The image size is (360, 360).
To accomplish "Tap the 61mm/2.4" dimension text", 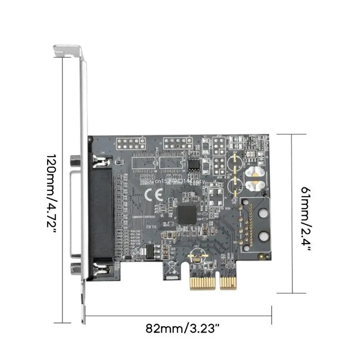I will (x=306, y=214).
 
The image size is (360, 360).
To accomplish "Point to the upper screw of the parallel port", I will (x=100, y=159).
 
